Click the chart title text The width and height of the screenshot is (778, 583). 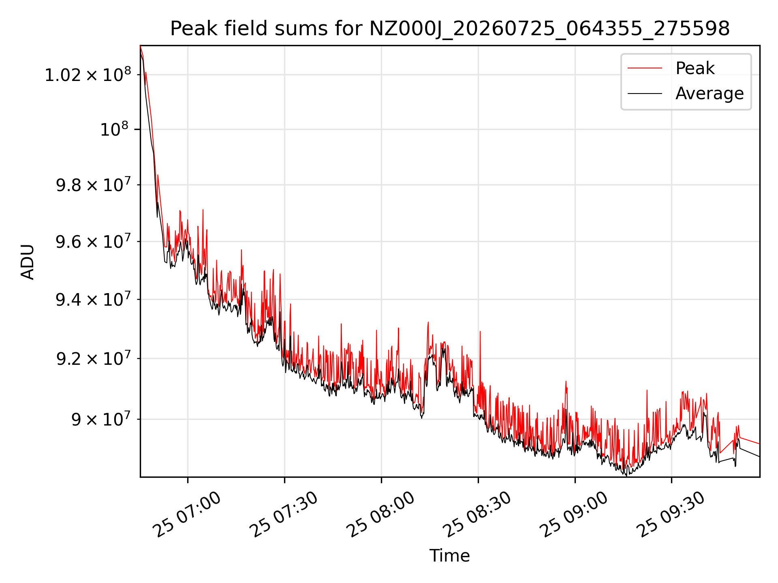point(450,29)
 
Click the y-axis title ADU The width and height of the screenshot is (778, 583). point(28,262)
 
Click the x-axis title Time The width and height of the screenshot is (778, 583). point(450,555)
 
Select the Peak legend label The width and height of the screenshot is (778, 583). point(695,68)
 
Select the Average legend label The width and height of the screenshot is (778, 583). point(710,94)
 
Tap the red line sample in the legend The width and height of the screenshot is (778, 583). point(645,68)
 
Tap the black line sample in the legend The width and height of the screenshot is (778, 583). point(645,94)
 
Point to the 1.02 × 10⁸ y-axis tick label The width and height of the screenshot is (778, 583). point(88,74)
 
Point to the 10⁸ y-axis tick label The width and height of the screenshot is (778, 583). point(114,129)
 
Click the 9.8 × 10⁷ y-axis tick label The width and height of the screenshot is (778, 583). point(94,185)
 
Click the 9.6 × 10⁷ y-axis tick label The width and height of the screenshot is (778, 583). point(94,241)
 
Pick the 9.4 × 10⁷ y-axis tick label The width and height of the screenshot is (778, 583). point(94,299)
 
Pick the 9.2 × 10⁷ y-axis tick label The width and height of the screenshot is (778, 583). point(94,358)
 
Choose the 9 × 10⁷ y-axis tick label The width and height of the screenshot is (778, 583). point(101,419)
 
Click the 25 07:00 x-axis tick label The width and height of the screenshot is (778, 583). point(188,515)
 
